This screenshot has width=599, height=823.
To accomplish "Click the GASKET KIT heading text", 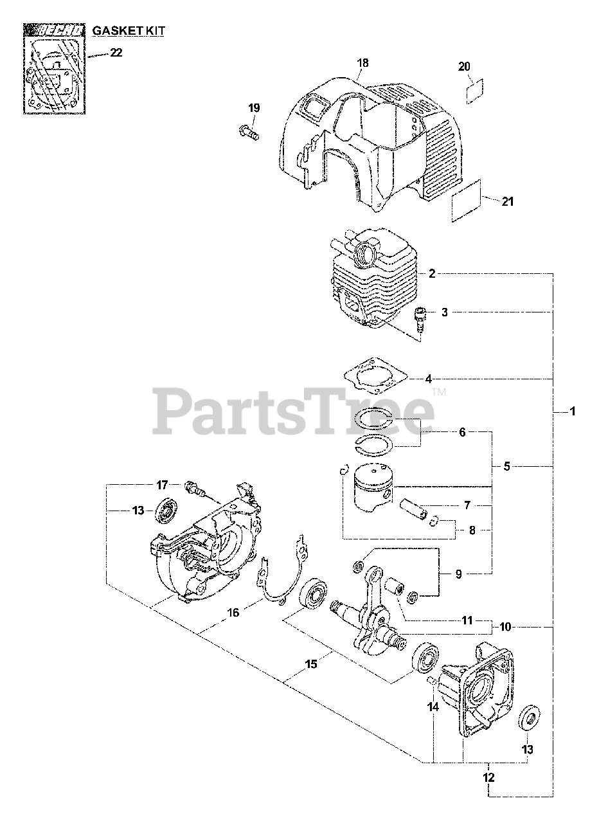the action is click(x=127, y=30).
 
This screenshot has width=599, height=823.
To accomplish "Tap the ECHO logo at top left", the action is click(x=53, y=30).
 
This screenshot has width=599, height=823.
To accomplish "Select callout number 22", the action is click(x=116, y=53).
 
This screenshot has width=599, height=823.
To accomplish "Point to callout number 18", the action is click(x=362, y=63).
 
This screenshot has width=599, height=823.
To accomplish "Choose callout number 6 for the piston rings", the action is click(x=462, y=433).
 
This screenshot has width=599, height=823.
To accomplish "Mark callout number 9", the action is click(x=458, y=574).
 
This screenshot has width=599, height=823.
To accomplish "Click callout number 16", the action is click(x=233, y=613).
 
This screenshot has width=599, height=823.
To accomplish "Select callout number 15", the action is click(x=311, y=664).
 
